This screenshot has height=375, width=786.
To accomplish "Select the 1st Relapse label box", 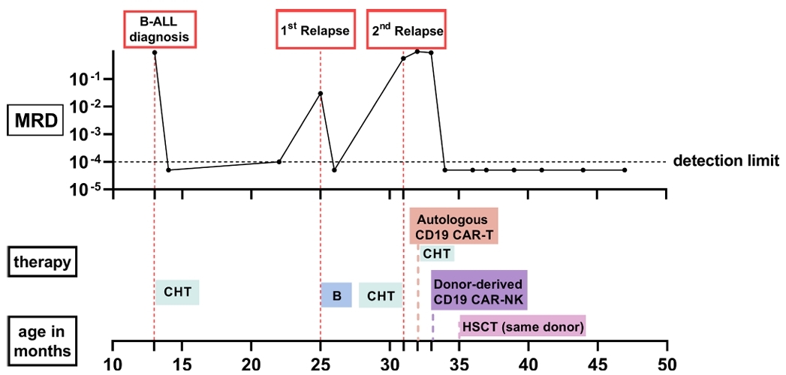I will pos(315,30).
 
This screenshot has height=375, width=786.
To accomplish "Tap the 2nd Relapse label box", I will pos(406,30).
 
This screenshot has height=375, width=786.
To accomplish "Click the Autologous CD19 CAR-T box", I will pos(453,226).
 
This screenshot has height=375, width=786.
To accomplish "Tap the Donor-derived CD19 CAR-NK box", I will pos(479,290).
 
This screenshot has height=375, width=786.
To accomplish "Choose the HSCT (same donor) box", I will pos(522,325).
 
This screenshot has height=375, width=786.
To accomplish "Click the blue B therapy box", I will pos(336,295).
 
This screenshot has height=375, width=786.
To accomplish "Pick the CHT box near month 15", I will pos(177,292).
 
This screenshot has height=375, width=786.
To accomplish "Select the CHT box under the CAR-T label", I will pos(436,253).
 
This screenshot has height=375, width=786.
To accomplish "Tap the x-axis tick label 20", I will pos(251,364).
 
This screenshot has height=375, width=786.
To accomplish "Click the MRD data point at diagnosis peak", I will pos(155,52).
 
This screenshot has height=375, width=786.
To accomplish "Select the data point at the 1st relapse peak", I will pos(321,93).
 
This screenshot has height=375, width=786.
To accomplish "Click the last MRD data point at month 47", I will pos(625,170).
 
